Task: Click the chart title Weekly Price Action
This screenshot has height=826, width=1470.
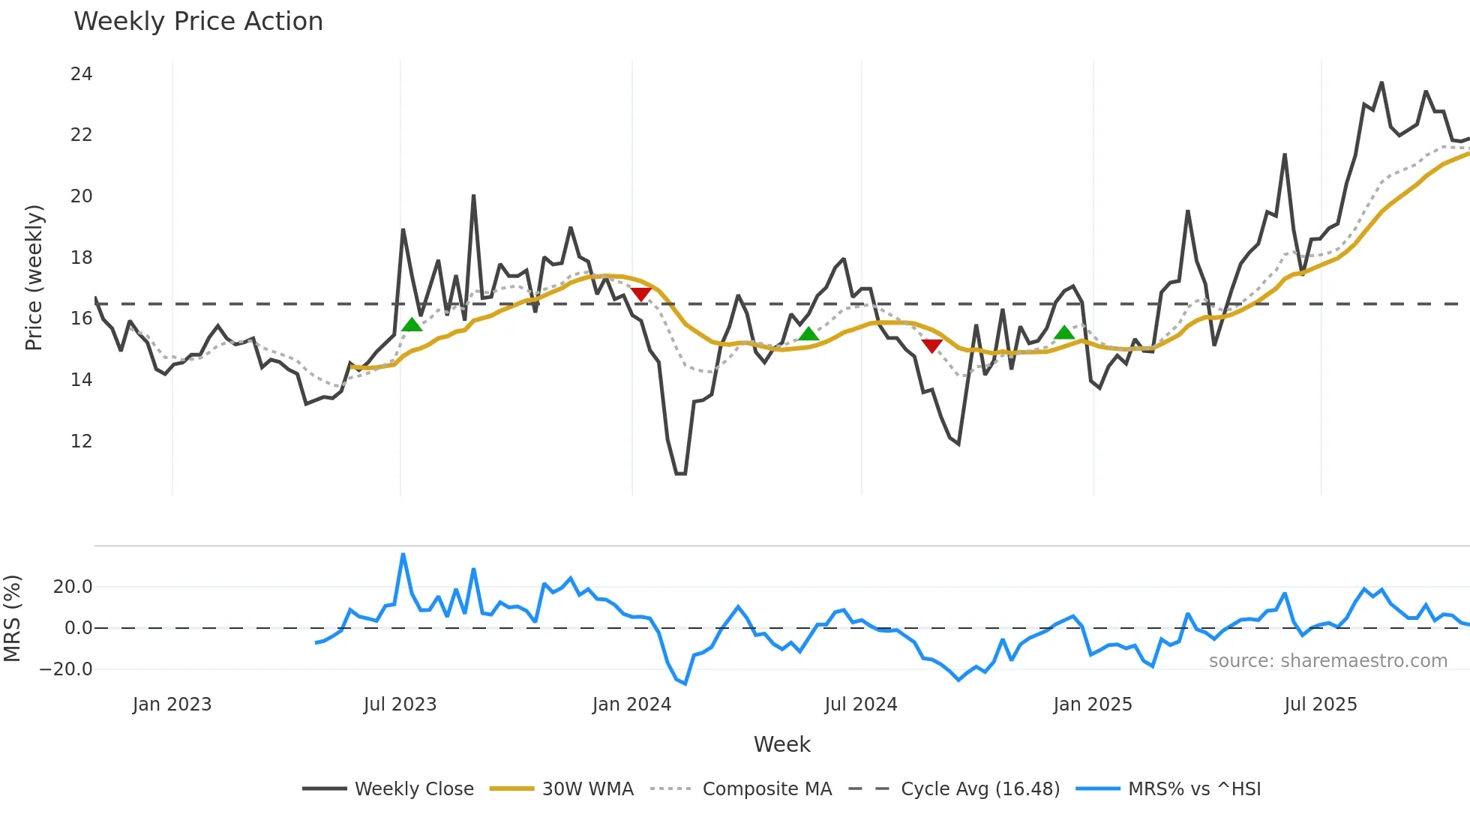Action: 198,22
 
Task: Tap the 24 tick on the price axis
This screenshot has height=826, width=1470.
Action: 81,74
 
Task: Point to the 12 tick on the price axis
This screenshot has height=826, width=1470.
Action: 81,441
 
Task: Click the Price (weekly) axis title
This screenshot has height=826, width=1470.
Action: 34,278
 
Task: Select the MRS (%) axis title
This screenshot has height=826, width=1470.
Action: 12,618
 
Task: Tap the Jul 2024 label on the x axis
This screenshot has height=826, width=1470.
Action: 860,705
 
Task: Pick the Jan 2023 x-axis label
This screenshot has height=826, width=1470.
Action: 172,705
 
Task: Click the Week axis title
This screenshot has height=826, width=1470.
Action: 781,744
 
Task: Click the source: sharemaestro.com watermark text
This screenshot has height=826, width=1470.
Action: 1327,661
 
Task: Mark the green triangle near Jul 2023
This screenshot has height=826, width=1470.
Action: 412,325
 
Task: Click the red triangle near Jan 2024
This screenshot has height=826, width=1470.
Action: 641,294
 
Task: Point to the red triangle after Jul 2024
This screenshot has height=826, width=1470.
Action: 931,346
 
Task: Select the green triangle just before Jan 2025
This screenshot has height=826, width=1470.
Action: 1064,333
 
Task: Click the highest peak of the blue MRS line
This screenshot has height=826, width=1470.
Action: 403,555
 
